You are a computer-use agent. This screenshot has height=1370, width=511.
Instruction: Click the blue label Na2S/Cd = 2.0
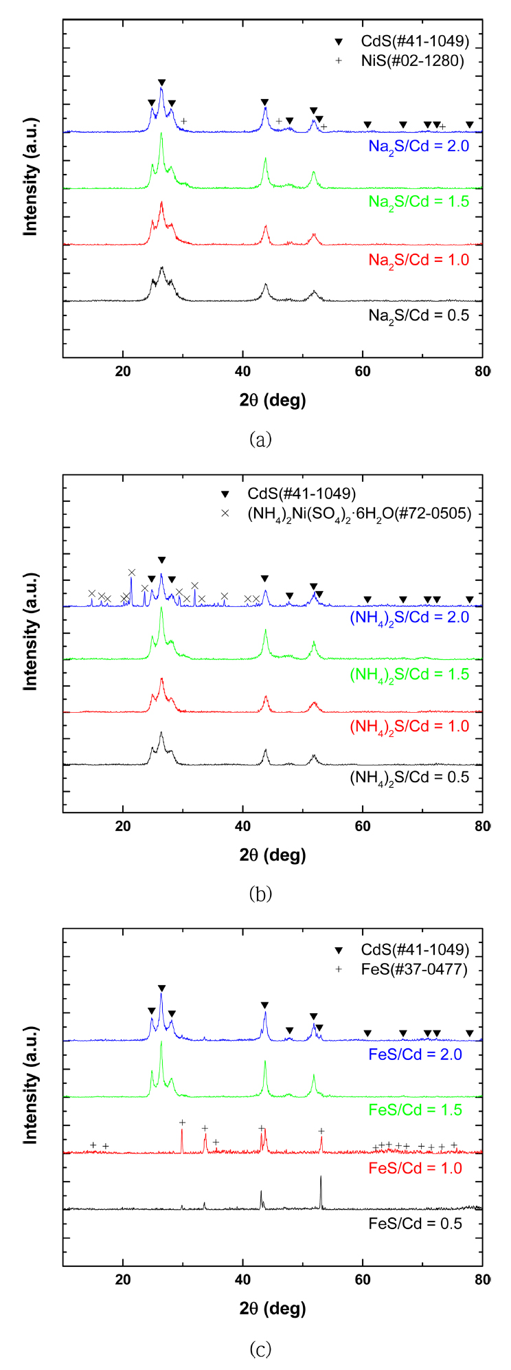pos(418,146)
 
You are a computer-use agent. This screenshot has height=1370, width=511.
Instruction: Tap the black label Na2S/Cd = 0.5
pos(418,316)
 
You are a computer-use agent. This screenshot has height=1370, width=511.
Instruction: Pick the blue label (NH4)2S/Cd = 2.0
pos(409,617)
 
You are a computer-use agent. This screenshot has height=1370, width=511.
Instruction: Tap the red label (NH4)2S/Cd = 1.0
pos(409,727)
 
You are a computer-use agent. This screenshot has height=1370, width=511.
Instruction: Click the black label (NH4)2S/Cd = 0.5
pos(409,777)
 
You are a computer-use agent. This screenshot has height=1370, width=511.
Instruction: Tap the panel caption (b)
pos(260,894)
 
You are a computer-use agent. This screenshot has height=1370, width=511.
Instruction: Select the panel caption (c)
pos(260,1350)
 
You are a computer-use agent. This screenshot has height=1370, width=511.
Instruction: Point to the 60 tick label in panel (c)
pos(363,1281)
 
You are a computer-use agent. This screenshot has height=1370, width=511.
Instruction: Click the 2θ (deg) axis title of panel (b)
pos(273,854)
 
